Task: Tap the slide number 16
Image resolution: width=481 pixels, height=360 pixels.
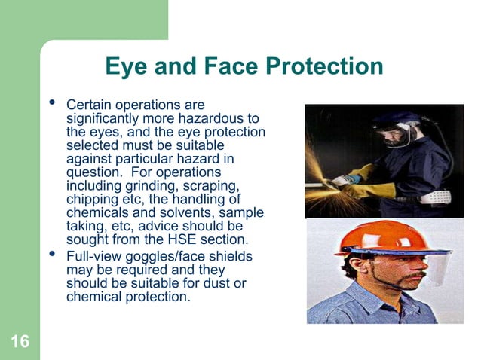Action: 20,343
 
